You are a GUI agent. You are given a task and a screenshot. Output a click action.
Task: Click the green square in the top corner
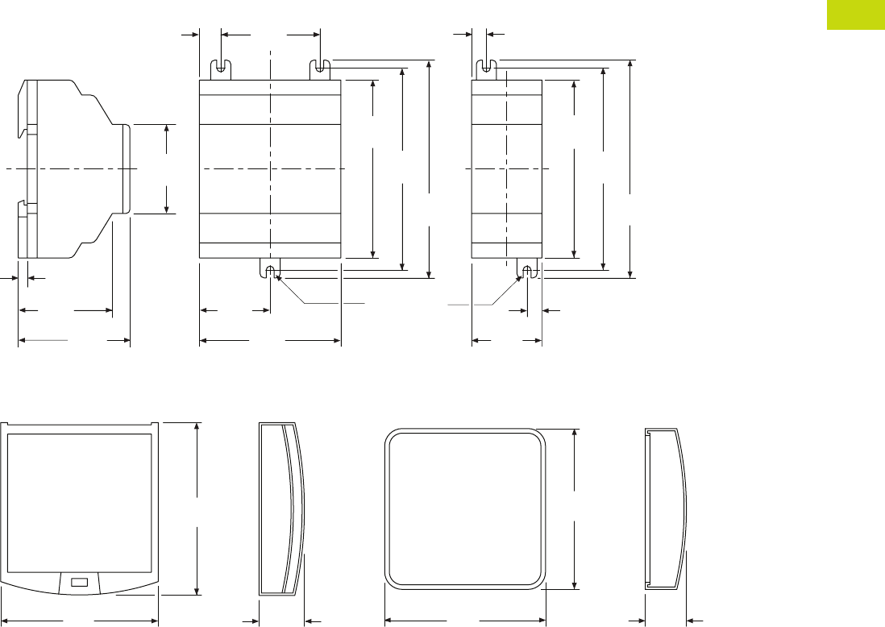tap(856, 14)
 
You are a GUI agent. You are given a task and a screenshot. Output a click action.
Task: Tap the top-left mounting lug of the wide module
tap(221, 70)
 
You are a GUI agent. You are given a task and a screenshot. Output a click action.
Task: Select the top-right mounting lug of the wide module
tap(321, 70)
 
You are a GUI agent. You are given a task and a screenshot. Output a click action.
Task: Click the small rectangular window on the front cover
tap(79, 582)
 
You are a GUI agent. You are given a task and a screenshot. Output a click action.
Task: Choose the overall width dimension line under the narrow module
tap(506, 341)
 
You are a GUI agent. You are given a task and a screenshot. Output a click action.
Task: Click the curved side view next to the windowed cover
tap(282, 508)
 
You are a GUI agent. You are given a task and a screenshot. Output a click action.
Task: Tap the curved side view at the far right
tap(667, 508)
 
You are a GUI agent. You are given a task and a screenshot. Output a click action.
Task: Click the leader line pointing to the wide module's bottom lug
tap(322, 304)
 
